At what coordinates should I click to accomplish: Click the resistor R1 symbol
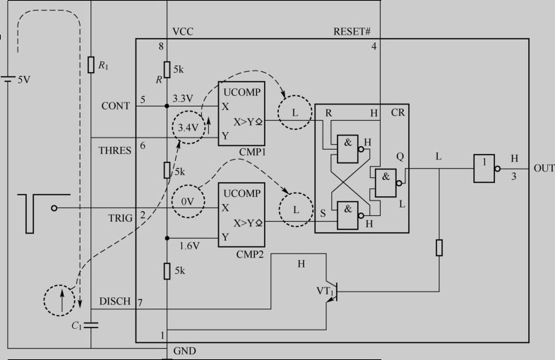tap(91, 65)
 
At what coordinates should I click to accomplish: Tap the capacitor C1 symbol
tap(91, 325)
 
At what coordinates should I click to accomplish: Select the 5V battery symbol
tap(8, 79)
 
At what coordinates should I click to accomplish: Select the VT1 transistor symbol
tap(333, 292)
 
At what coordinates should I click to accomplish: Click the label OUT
tap(544, 169)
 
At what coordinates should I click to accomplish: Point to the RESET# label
tap(352, 32)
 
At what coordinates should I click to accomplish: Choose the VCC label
tap(183, 32)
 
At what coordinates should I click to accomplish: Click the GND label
tap(184, 351)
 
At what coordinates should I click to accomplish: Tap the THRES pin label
tap(115, 150)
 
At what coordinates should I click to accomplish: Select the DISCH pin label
tap(115, 301)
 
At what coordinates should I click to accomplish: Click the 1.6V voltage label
tap(190, 246)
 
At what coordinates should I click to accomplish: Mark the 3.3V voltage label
tap(183, 98)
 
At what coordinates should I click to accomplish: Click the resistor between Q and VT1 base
tap(439, 248)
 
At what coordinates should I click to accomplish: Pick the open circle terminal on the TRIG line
tap(54, 208)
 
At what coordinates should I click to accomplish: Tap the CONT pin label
tap(115, 106)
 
